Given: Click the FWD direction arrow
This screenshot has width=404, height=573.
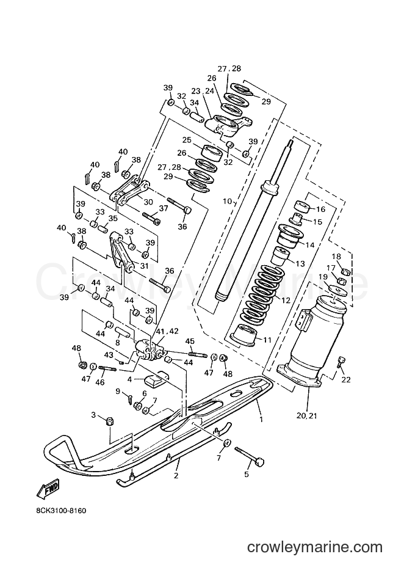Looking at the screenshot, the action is pos(48,489).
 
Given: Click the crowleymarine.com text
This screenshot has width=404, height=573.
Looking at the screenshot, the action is pos(314,547).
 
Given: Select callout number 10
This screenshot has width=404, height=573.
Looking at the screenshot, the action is pos(228,201).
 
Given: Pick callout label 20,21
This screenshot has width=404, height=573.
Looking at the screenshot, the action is pos(308,415).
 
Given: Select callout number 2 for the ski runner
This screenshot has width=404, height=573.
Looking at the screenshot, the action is pos(176,475).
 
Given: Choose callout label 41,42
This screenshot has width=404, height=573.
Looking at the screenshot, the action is pos(168,332).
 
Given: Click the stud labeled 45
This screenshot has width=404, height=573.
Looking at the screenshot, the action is pos(198,354).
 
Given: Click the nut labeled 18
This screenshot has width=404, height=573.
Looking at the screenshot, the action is pos(346,271).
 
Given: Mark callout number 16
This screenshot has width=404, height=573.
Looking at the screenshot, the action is pos(320,209).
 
